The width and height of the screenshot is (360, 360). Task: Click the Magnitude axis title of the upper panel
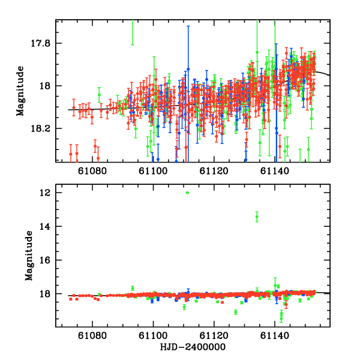tap(20, 91)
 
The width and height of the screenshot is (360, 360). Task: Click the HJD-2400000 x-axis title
tap(192, 347)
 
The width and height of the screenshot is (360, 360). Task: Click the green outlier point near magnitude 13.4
tap(257, 217)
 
